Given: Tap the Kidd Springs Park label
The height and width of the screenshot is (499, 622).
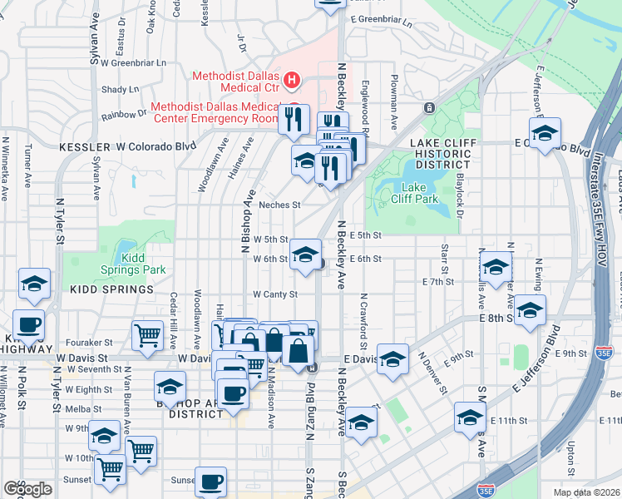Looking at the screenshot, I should pyautogui.click(x=144, y=264).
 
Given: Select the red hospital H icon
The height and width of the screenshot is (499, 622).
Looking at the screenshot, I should pyautogui.click(x=291, y=80).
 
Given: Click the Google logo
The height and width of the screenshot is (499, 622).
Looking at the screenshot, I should pyautogui.click(x=27, y=489).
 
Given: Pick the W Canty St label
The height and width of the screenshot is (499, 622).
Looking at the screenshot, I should pyautogui.click(x=275, y=294).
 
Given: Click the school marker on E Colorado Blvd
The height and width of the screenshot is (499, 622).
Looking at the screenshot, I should pyautogui.click(x=545, y=133).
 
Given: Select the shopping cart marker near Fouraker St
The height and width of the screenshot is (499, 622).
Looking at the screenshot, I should pyautogui.click(x=147, y=334).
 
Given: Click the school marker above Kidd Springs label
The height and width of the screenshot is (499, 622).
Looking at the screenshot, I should pyautogui.click(x=34, y=283).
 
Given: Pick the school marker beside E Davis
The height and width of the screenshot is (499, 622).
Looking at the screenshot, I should pyautogui.click(x=393, y=358).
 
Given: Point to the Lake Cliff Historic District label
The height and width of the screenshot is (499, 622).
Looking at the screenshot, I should pyautogui.click(x=432, y=154).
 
